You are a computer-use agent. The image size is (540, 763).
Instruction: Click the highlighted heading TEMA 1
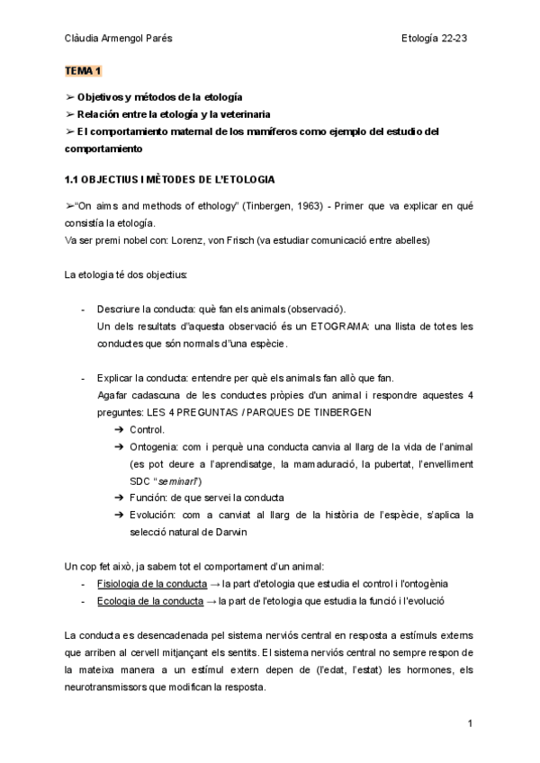pyautogui.click(x=84, y=70)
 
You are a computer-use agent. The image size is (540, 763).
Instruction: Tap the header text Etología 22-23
pyautogui.click(x=434, y=37)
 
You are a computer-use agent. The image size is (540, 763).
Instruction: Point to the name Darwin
pyautogui.click(x=229, y=532)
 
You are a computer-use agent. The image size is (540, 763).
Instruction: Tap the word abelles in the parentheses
pyautogui.click(x=408, y=240)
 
